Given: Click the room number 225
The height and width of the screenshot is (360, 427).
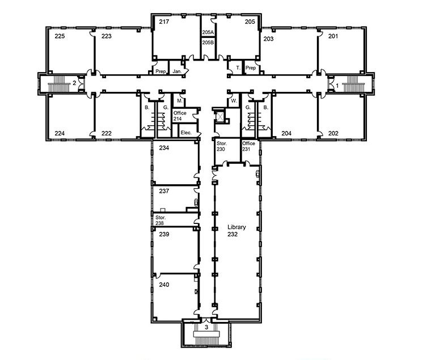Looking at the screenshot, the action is [60, 36].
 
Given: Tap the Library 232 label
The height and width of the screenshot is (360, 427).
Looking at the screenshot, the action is [236, 231].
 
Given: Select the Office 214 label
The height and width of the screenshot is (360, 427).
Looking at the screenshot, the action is [180, 116].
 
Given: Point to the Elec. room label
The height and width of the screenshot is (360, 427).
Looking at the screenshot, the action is [186, 133].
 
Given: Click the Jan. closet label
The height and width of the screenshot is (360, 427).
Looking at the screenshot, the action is [177, 71].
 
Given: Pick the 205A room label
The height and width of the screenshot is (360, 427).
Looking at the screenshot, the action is [208, 32].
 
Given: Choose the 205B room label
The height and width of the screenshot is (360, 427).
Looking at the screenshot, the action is [208, 43].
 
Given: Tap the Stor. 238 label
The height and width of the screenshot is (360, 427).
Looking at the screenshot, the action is [160, 221].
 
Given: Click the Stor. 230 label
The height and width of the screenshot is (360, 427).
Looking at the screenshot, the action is [221, 146].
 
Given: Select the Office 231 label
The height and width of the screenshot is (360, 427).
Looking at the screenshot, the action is [248, 146].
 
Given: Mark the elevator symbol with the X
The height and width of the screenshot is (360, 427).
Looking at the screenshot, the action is [219, 117].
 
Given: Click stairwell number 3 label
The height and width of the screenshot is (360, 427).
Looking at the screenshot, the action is [206, 327].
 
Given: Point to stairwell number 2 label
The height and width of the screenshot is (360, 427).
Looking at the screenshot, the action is [74, 83].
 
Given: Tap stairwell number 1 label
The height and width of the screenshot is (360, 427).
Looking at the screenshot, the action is [337, 86].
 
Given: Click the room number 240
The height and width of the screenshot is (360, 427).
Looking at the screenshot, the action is [164, 285].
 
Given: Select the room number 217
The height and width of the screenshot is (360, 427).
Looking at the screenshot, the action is [164, 22].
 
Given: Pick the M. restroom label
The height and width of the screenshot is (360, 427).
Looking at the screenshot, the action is [180, 101].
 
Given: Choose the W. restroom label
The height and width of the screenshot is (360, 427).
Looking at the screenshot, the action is [234, 101].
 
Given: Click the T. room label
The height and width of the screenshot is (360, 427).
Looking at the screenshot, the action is [238, 68].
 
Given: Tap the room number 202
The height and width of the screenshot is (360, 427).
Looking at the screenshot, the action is [333, 133].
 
